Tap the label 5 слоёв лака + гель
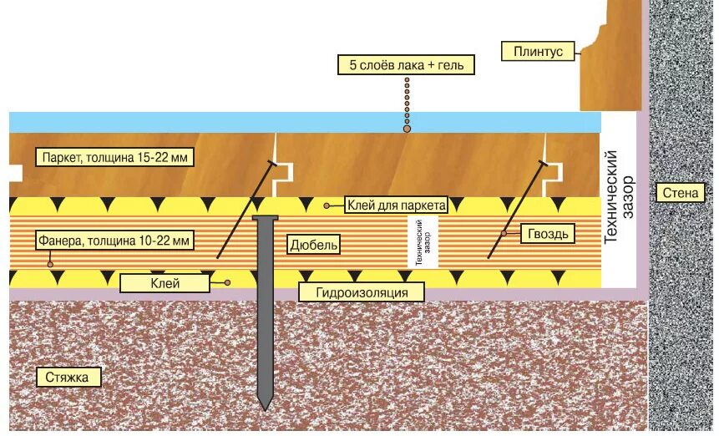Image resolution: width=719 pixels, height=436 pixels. (x=407, y=64)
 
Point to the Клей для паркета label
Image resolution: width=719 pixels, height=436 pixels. (x=397, y=205)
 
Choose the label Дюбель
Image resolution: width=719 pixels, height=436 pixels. (x=314, y=245)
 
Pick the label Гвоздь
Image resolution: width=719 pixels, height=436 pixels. (x=547, y=233)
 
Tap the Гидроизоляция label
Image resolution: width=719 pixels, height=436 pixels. (x=361, y=292)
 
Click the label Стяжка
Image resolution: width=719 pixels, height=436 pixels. (x=68, y=378)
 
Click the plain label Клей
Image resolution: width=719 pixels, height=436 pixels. (x=165, y=284)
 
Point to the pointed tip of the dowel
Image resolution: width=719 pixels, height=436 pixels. (x=266, y=407)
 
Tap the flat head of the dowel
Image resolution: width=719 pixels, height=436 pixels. (x=266, y=219)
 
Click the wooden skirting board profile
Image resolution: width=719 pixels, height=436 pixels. (x=614, y=58)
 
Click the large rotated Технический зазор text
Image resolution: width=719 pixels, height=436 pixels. (x=621, y=197)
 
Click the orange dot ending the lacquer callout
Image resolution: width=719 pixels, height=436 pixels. (x=407, y=129)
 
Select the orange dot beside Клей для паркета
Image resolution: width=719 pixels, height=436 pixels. (x=327, y=205)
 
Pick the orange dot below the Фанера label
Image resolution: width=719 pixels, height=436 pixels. (x=51, y=265)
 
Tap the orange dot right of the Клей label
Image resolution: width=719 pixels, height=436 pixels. (x=225, y=284)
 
